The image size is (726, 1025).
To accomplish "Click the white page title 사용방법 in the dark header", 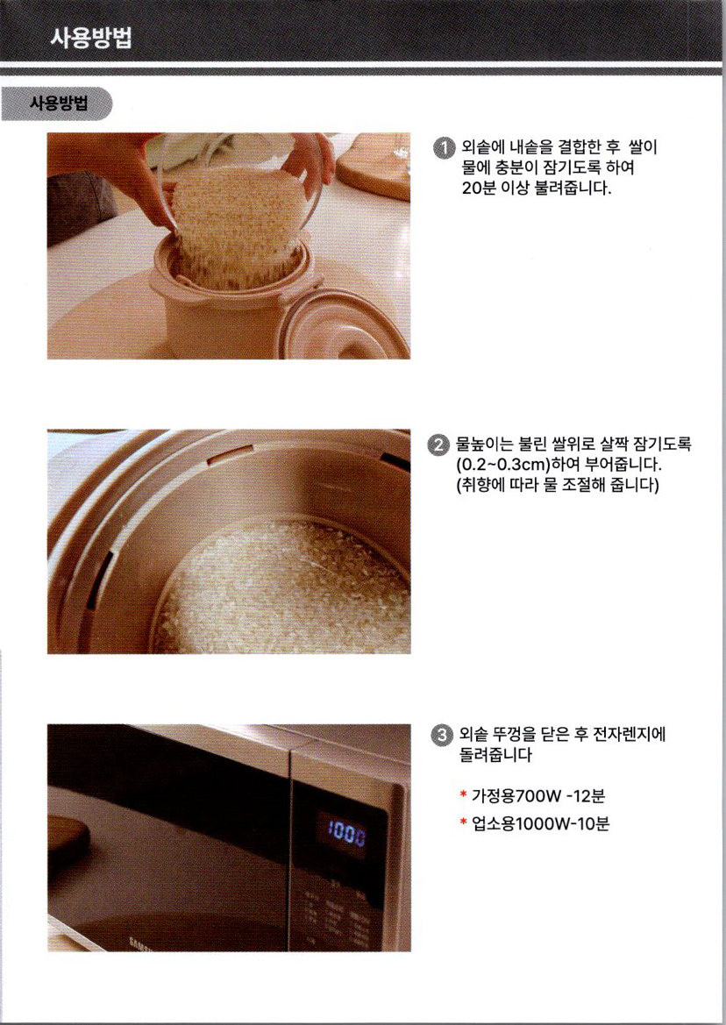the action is coord(91,37).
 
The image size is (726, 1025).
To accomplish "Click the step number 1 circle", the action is coord(445,147).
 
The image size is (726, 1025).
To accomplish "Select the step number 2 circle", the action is coord(438,445).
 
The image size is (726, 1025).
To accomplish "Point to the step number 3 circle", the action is coord(443,735).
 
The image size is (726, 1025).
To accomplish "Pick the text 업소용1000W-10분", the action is coord(540,823).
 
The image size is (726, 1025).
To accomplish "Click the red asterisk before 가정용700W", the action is coord(463,794).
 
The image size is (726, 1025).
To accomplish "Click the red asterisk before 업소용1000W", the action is coord(463,822).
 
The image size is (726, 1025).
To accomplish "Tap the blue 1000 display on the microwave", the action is coord(346,833).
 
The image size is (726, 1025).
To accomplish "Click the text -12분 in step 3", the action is coord(586,795).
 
